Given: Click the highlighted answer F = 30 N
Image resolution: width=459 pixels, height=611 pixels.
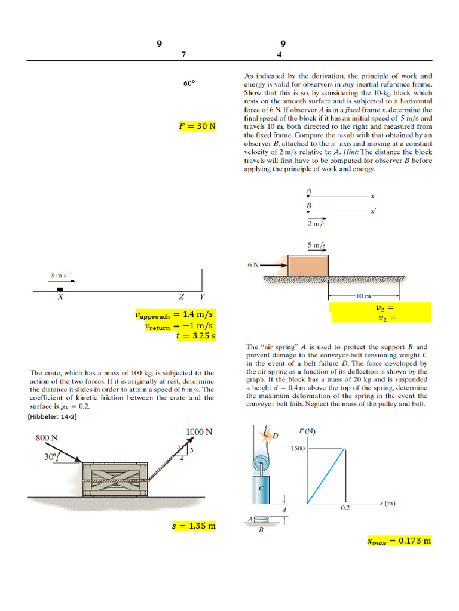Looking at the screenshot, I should [197, 126].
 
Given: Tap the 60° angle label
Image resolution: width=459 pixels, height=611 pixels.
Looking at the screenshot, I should [189, 84].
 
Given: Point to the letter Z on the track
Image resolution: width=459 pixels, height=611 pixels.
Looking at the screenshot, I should [181, 297].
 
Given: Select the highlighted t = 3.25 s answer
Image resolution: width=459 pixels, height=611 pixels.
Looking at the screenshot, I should [195, 336].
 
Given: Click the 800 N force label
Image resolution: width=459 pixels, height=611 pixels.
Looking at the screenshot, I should [46, 437].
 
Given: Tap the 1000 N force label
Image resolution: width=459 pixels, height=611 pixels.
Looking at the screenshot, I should [200, 432].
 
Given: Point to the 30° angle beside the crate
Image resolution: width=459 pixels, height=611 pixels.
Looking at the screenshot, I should [50, 457].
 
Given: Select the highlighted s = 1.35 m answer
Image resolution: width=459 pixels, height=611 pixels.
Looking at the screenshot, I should [193, 526].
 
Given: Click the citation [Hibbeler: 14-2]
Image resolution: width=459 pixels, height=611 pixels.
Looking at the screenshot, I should [53, 417].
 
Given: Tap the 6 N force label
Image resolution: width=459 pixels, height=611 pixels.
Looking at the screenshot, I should [253, 264].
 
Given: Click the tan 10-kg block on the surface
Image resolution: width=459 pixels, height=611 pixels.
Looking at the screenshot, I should [308, 266].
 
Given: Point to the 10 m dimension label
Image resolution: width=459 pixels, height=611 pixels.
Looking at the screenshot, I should [363, 296].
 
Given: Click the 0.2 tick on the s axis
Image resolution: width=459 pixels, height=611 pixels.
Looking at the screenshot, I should [345, 508].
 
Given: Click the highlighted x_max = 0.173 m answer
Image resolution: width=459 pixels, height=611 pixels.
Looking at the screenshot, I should [399, 541].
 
